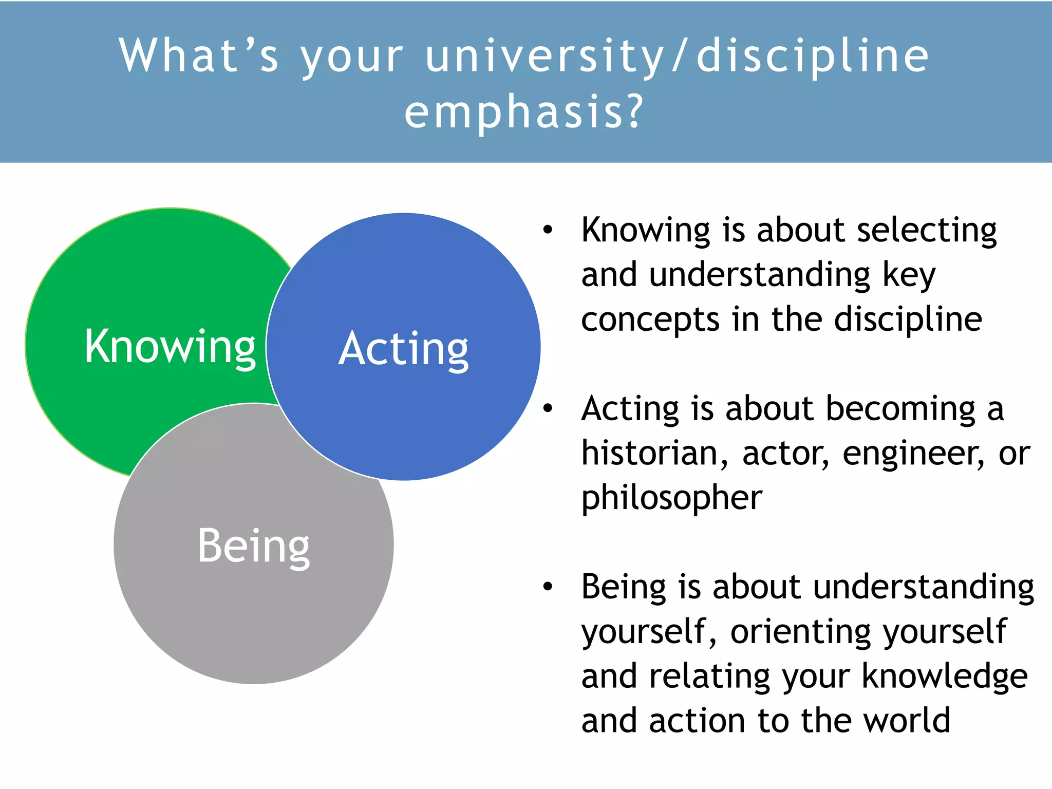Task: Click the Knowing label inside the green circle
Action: click(x=170, y=347)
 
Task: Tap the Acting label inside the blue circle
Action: click(x=404, y=349)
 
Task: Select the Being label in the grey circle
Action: click(x=254, y=546)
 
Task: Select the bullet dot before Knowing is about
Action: click(x=548, y=230)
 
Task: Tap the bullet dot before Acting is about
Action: click(x=548, y=408)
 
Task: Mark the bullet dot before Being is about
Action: click(x=548, y=586)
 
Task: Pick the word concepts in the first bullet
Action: click(x=650, y=320)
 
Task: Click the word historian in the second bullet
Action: click(x=653, y=453)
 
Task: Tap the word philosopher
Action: click(x=671, y=498)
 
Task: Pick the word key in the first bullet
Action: click(x=909, y=275)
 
